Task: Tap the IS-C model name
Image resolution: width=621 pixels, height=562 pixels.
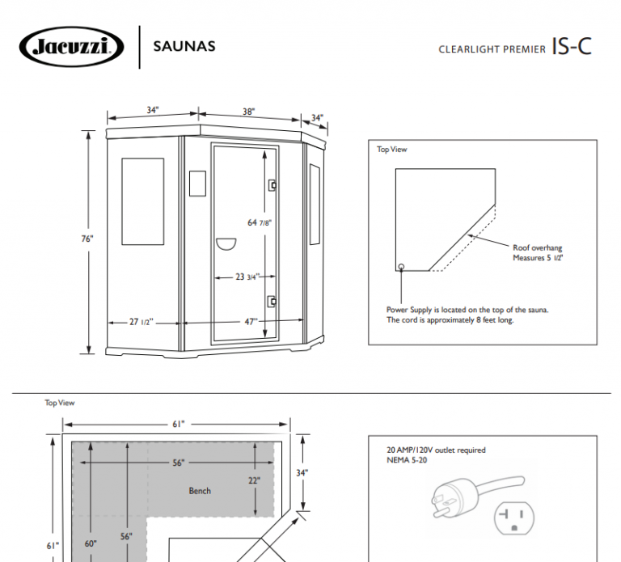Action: [x=572, y=46]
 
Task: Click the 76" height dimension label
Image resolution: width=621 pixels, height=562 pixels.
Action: [x=87, y=239]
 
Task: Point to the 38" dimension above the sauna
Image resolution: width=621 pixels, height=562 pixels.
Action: [x=248, y=112]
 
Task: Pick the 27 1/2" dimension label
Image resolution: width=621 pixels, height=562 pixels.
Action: [x=142, y=321]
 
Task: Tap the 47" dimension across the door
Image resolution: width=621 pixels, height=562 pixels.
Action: [x=251, y=321]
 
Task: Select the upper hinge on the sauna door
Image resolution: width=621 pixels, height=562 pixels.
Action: [x=273, y=185]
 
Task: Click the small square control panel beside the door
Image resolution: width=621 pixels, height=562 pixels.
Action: [x=197, y=183]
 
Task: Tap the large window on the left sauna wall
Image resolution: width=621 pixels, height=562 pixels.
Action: [x=142, y=201]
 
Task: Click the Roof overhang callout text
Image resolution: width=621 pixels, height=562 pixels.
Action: [x=538, y=252]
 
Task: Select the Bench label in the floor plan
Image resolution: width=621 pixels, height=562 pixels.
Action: [x=200, y=491]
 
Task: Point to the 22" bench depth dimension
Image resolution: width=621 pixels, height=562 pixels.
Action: [x=253, y=480]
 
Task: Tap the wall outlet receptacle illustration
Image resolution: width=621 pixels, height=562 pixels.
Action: [x=514, y=516]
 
